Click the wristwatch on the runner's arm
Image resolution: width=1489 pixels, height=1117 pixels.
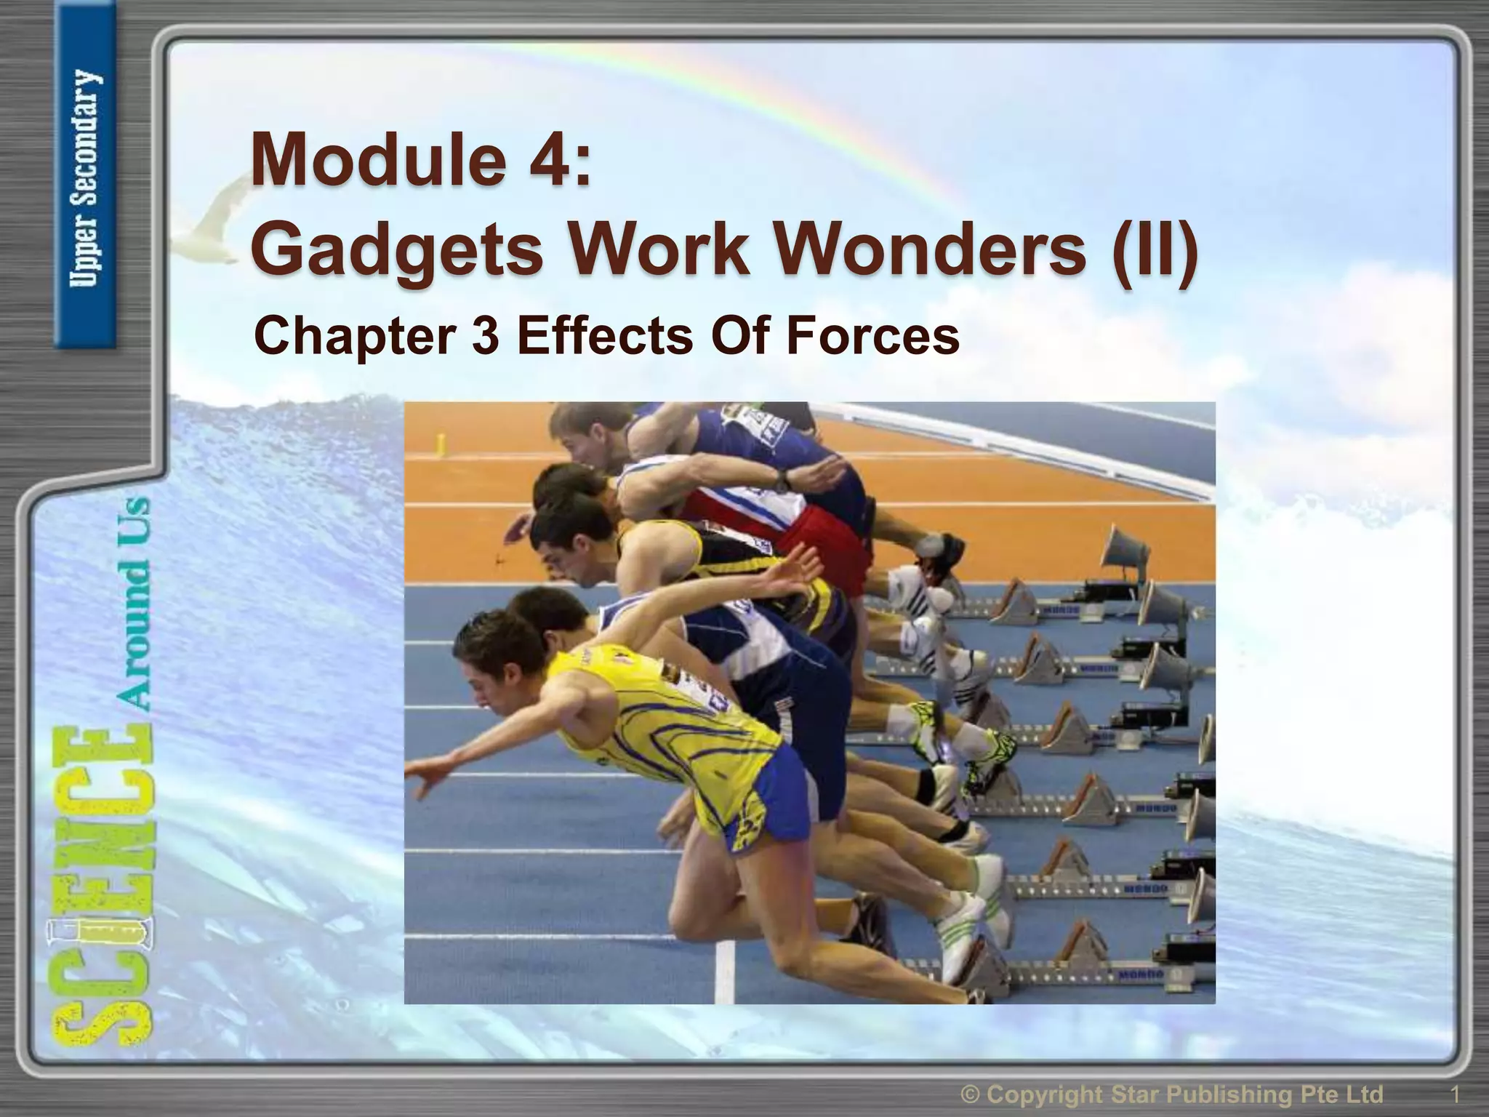[782, 479]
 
